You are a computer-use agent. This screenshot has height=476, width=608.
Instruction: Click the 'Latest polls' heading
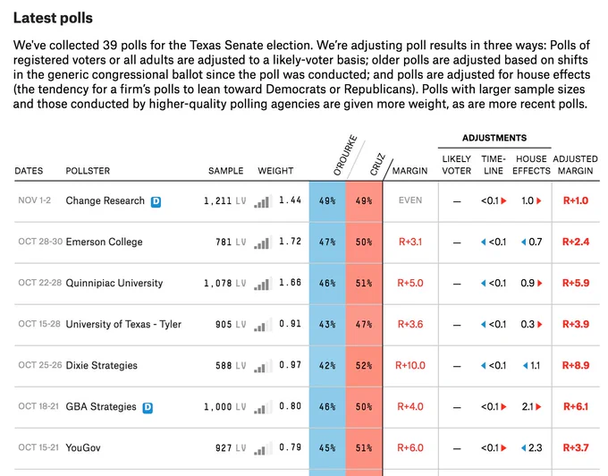click(x=53, y=18)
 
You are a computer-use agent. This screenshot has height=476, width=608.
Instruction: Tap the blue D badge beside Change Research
click(x=156, y=201)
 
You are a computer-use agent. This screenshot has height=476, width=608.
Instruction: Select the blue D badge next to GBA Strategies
click(x=148, y=408)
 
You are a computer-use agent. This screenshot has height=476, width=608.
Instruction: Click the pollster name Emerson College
click(x=104, y=242)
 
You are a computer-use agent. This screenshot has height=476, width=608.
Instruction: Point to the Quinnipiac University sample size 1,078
click(x=218, y=284)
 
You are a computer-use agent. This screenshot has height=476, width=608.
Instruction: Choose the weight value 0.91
click(x=290, y=324)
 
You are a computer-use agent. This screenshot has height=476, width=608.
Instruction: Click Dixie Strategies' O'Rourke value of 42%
click(x=327, y=365)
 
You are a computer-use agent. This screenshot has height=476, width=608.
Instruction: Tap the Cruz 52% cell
click(x=364, y=365)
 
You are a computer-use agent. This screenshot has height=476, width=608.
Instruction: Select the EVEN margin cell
click(x=410, y=200)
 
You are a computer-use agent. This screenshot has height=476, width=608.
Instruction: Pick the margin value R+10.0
click(x=410, y=365)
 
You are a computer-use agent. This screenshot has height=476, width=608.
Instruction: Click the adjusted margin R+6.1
click(x=576, y=406)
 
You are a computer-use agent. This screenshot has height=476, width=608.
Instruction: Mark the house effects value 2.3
click(x=535, y=447)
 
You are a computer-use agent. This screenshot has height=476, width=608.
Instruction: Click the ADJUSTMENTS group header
click(x=494, y=138)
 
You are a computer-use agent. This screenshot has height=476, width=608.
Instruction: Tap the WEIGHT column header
click(x=275, y=171)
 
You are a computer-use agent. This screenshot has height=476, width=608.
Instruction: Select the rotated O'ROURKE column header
click(x=345, y=155)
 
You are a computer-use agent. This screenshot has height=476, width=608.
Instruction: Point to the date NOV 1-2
click(x=35, y=200)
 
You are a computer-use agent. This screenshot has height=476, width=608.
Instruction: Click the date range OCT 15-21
click(x=38, y=447)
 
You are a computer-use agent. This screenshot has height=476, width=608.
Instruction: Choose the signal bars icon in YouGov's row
click(x=263, y=448)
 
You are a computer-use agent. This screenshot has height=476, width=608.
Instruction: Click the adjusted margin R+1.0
click(x=576, y=200)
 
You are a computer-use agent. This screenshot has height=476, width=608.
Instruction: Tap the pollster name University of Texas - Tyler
click(x=123, y=324)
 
